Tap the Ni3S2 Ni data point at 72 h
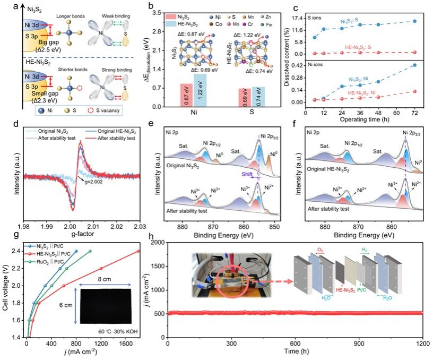413,65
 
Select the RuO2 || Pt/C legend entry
58,261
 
